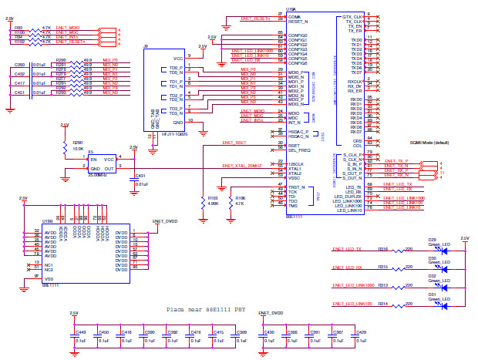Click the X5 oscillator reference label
[x=90, y=151]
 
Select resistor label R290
[x=77, y=143]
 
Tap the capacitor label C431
[x=140, y=176]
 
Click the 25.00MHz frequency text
[x=99, y=175]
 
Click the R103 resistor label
[x=212, y=197]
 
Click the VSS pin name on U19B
[x=49, y=278]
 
